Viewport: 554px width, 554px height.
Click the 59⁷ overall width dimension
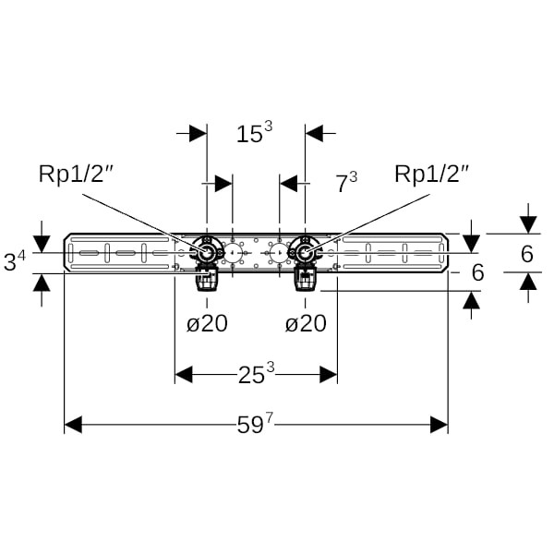[256, 425]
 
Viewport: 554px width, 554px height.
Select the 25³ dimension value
[256, 374]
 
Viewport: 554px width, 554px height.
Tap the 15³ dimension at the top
[254, 134]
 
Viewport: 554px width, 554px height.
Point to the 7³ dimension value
[346, 183]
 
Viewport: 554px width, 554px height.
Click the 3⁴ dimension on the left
[16, 261]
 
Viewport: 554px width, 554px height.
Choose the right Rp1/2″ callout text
[432, 173]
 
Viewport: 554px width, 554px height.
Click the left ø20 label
[207, 323]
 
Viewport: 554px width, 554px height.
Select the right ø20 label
[306, 323]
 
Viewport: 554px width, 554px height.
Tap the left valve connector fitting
[206, 253]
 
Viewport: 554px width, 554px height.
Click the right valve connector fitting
[305, 251]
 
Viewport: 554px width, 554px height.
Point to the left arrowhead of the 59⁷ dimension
[73, 425]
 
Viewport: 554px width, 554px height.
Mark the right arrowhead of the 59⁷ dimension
[440, 425]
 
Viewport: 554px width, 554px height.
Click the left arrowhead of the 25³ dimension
[184, 374]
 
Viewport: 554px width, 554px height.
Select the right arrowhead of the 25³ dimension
[328, 374]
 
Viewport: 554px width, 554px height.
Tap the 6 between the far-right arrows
[527, 254]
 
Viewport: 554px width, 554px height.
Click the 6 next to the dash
[477, 272]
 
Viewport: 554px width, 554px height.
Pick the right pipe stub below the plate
[305, 278]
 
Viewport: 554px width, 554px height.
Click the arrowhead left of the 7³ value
[289, 183]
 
